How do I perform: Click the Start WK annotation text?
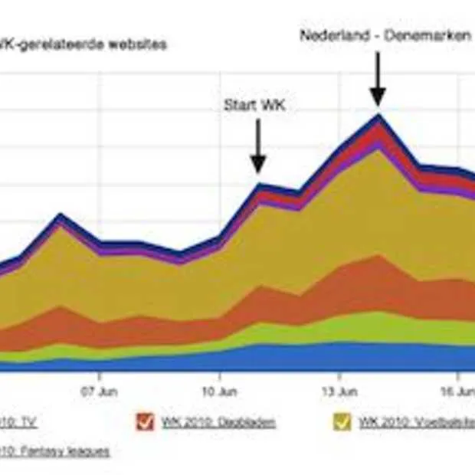(254, 105)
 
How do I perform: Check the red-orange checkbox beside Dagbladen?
(145, 421)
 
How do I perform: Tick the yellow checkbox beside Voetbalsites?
(342, 421)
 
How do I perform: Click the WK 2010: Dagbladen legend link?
(218, 422)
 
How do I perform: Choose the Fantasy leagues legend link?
(54, 451)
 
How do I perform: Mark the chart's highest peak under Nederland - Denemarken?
(377, 116)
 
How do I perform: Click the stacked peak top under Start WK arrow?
(259, 185)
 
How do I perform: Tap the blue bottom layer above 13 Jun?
(339, 357)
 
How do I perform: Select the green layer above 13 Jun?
(339, 328)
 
